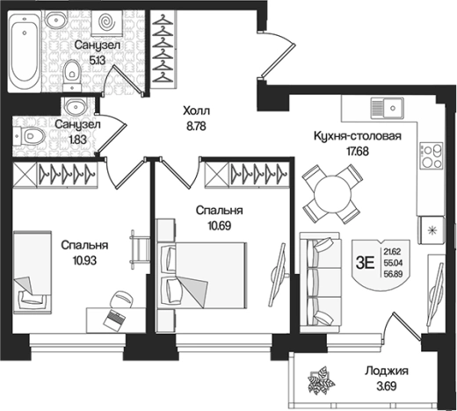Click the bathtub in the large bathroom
tap(24, 52)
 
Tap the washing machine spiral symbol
tap(105, 22)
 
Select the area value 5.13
tap(97, 61)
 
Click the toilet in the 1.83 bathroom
tap(29, 135)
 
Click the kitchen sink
tap(388, 108)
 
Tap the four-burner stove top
tap(431, 155)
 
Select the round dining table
tap(332, 194)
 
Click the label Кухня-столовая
tap(358, 136)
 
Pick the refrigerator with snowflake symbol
tap(432, 230)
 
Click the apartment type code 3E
tap(365, 263)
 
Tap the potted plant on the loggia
tap(322, 380)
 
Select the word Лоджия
tap(386, 371)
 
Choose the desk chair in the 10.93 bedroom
tap(122, 299)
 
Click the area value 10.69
tap(220, 226)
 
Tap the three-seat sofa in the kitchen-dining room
tap(320, 282)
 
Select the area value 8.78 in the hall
tap(196, 126)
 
